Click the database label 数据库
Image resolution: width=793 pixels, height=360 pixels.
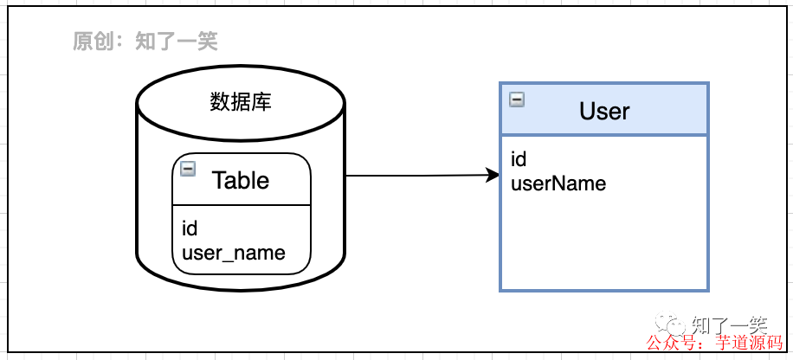click(x=241, y=103)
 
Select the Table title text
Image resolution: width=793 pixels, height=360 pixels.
click(x=241, y=180)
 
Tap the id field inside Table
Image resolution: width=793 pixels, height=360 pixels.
click(x=190, y=228)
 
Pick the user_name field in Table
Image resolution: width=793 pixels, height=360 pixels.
click(x=233, y=253)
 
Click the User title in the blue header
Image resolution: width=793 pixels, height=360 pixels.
click(x=604, y=111)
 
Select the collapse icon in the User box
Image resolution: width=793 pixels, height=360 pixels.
click(x=517, y=100)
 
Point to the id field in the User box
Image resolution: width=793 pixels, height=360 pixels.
click(x=519, y=159)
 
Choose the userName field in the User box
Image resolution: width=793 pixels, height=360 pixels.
click(x=558, y=183)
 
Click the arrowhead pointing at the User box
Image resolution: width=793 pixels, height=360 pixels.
click(x=494, y=176)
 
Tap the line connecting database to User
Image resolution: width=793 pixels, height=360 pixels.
click(x=416, y=177)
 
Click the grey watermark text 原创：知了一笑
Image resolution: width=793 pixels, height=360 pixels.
click(x=145, y=42)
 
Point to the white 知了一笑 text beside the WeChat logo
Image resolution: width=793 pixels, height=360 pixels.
click(x=728, y=325)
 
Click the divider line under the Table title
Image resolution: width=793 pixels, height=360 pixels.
click(x=241, y=206)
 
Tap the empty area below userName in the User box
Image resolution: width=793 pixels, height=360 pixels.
click(x=604, y=242)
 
